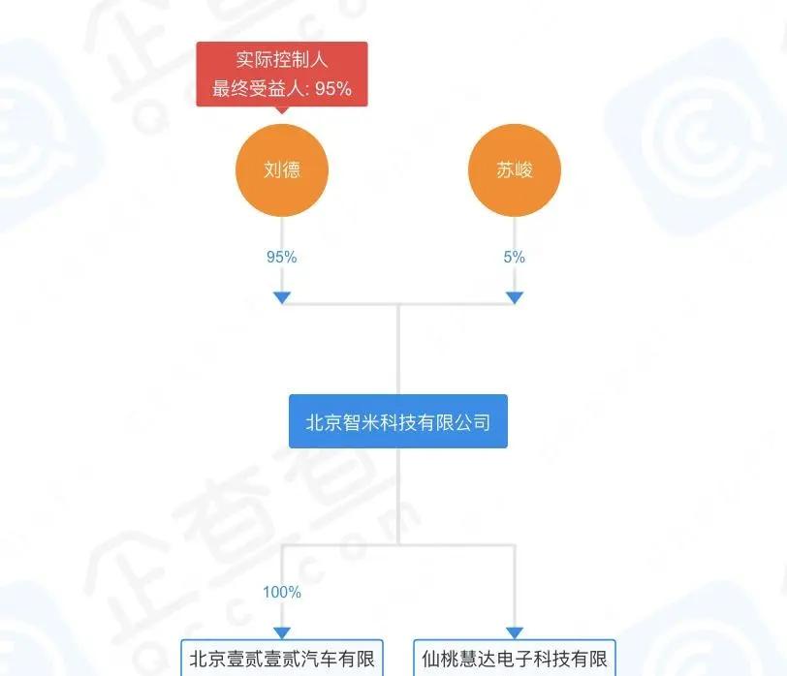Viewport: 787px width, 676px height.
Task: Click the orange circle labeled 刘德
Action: pos(282,170)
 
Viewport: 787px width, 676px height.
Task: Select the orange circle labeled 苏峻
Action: pos(515,170)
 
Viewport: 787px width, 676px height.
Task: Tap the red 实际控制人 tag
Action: pos(282,74)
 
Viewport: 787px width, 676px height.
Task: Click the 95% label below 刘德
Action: pos(282,257)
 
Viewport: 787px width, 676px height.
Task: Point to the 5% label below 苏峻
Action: pos(515,257)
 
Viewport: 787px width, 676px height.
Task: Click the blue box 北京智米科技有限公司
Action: pos(398,422)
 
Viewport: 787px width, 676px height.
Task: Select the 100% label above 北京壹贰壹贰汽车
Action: pos(282,592)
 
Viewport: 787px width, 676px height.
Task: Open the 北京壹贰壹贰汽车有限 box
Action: pos(282,659)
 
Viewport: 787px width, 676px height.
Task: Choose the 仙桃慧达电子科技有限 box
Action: pos(515,659)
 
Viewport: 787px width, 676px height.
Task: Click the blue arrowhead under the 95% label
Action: pos(282,297)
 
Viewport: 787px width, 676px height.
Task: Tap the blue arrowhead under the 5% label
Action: pos(515,297)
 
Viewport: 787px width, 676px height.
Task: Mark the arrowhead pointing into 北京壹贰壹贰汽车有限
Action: pos(282,632)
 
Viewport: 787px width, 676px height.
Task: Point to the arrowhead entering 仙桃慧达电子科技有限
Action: pos(515,632)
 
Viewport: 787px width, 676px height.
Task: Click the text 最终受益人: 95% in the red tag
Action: pos(282,90)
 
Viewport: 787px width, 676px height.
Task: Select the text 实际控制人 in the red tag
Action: pos(282,60)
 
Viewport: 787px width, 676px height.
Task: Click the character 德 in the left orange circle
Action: pos(292,170)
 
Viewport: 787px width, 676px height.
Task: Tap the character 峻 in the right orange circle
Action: pos(524,170)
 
